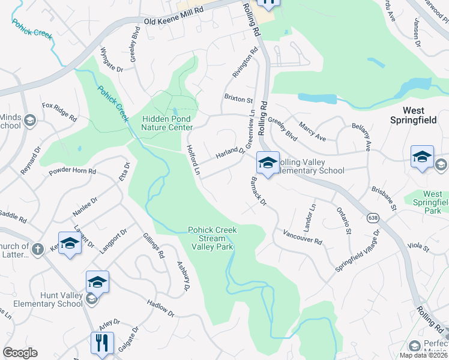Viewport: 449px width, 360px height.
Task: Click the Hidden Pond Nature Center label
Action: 167,123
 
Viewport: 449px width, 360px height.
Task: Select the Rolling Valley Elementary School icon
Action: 268,162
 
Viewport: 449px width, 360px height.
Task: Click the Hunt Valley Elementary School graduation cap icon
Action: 97,281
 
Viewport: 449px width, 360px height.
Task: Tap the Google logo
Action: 20,353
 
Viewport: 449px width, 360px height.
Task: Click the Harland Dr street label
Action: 231,154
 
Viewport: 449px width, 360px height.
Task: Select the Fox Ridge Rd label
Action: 59,112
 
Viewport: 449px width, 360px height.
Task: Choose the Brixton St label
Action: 238,98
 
